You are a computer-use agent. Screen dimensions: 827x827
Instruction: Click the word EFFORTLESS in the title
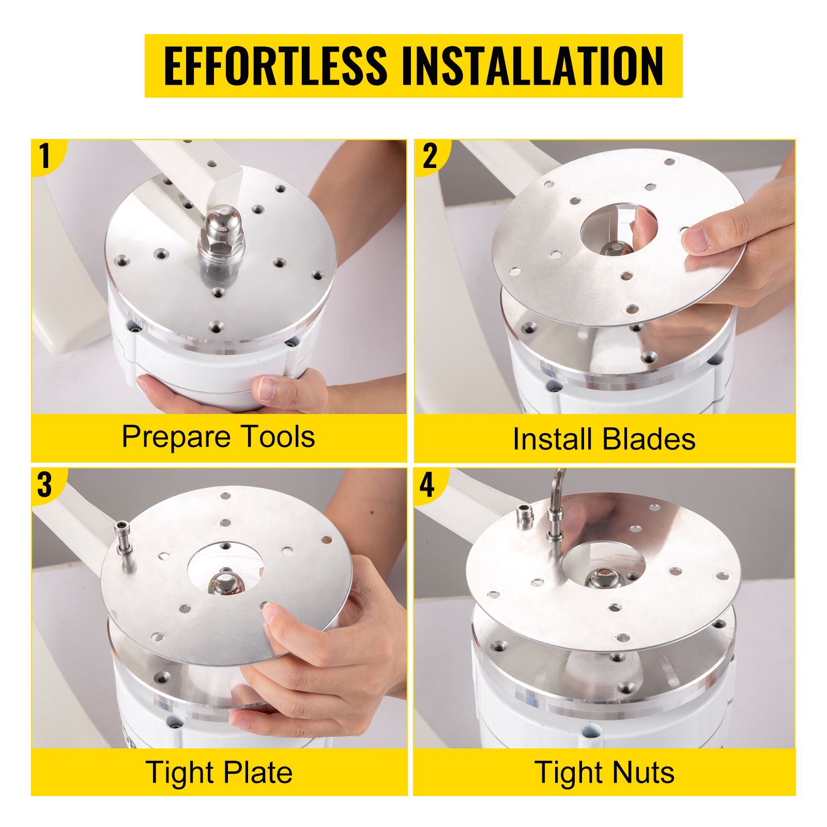pyautogui.click(x=275, y=66)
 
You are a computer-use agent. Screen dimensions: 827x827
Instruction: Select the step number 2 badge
pyautogui.click(x=430, y=156)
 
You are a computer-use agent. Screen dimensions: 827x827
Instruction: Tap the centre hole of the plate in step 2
pyautogui.click(x=618, y=231)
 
